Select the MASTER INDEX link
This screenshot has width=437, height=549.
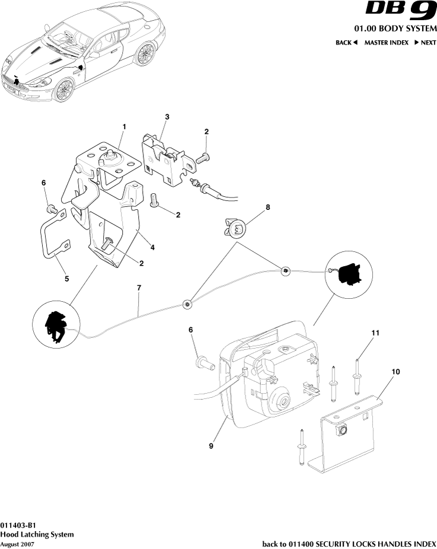(x=386, y=43)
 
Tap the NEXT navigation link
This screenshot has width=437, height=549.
(x=425, y=43)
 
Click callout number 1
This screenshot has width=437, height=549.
(x=125, y=127)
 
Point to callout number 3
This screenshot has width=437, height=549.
(x=167, y=117)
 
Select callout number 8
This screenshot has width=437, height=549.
(x=267, y=208)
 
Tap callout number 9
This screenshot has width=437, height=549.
(x=211, y=446)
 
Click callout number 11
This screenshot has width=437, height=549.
(x=374, y=334)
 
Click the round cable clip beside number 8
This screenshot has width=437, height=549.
(x=238, y=229)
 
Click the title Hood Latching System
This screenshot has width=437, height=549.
(x=37, y=534)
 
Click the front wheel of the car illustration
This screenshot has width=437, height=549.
(x=63, y=90)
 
